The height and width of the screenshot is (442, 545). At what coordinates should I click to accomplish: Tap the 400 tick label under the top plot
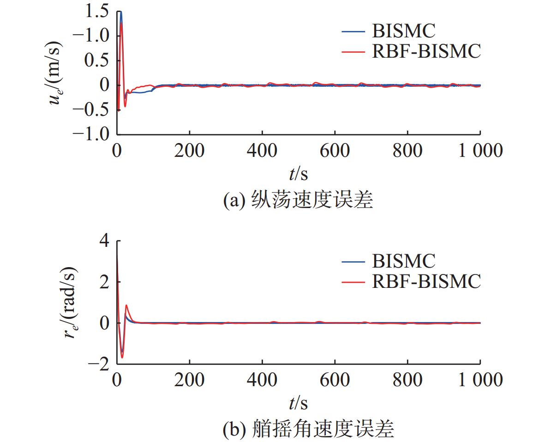[x=262, y=150]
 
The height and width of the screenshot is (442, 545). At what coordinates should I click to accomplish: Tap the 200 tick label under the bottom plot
[x=189, y=380]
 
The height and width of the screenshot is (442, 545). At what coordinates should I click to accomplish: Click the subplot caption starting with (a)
[x=298, y=201]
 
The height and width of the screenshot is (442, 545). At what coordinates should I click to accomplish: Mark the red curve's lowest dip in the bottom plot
[x=122, y=357]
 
